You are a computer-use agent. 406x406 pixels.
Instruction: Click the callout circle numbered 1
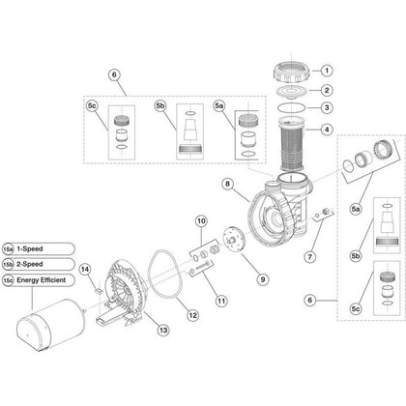click(327, 71)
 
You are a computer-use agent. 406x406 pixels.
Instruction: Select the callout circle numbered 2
click(327, 90)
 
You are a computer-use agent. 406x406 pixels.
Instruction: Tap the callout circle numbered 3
click(327, 107)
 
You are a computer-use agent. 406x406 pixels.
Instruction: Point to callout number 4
click(327, 130)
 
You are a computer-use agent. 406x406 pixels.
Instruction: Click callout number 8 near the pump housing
click(228, 185)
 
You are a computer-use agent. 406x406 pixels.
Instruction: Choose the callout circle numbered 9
click(263, 279)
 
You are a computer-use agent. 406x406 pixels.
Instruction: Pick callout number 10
click(201, 221)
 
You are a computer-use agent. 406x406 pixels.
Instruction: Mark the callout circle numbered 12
click(192, 315)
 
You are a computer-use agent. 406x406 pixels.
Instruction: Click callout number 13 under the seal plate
click(163, 330)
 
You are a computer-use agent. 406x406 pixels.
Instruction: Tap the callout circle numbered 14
click(85, 270)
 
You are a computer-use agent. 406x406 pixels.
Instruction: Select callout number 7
click(310, 257)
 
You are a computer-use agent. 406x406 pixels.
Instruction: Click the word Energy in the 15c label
click(28, 280)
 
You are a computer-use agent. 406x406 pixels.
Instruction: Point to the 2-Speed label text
click(30, 264)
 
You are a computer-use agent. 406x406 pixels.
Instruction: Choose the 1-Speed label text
click(30, 248)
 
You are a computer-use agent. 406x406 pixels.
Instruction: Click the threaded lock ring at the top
click(292, 72)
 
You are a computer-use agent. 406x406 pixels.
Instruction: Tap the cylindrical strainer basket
click(291, 143)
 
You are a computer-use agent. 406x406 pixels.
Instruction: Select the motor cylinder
click(50, 325)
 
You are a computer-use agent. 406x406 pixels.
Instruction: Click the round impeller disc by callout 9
click(234, 240)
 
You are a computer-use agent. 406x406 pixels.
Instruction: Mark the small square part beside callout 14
click(99, 291)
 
